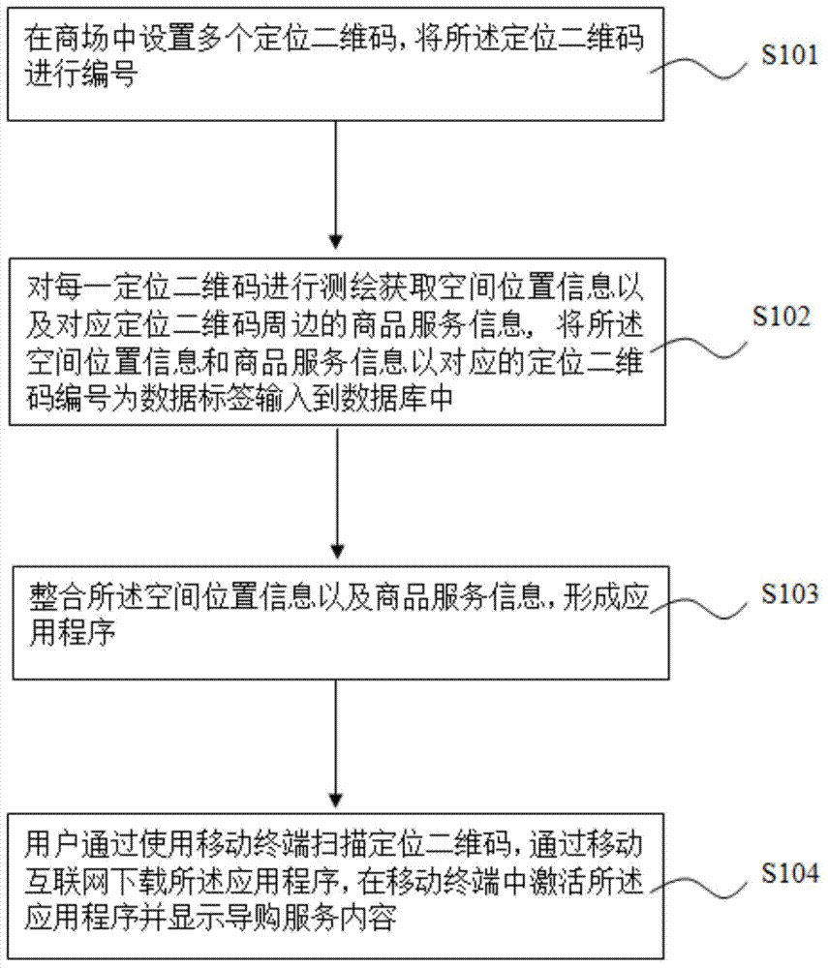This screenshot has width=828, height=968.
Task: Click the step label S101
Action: pos(789,55)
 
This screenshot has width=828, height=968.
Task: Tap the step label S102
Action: pos(782,317)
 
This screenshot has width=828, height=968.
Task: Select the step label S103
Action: pos(789,594)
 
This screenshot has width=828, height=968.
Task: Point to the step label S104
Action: pos(789,873)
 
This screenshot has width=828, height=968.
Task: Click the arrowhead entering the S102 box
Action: pos(336,242)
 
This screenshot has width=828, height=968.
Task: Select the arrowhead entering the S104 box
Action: pos(336,799)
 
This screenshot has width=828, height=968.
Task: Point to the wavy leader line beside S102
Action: pos(697,348)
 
